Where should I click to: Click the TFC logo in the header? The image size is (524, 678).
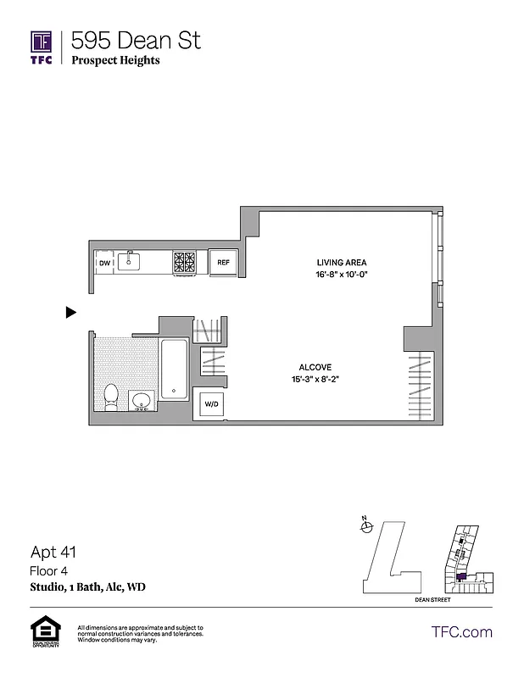42,47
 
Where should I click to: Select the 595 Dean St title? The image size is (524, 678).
136,40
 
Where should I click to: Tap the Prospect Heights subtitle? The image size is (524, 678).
115,61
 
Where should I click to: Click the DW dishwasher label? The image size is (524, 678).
104,263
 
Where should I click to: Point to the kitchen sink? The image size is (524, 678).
131,261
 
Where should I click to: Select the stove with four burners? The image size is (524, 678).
186,263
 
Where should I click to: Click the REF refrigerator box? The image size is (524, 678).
223,263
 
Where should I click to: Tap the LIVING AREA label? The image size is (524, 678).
342,263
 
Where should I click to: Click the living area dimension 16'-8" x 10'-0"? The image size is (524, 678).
342,275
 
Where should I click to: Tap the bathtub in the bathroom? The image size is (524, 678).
174,370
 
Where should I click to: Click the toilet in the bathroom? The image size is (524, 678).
110,397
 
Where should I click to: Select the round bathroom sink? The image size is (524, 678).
142,400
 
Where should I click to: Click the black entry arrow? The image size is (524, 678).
71,313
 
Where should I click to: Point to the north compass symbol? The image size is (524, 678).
366,526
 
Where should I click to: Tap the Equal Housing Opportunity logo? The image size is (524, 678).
42,632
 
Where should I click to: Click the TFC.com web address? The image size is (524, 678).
462,631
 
